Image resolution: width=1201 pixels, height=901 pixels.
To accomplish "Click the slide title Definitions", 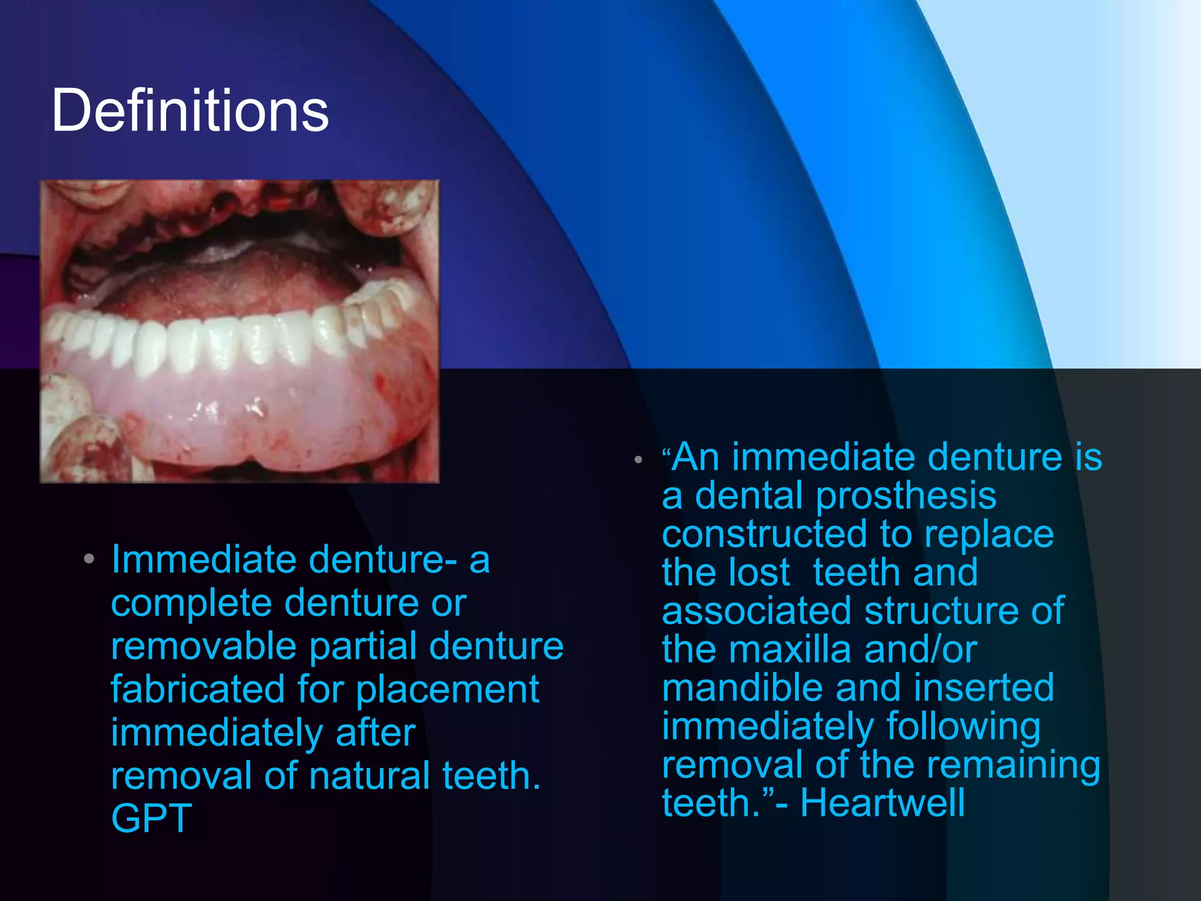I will (189, 110).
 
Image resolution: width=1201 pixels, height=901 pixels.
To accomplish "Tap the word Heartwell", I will (882, 803).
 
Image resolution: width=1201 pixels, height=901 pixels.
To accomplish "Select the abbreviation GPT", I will (151, 818).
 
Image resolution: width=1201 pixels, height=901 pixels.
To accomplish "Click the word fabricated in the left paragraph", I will (198, 689).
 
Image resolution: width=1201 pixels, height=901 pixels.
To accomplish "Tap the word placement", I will (447, 690).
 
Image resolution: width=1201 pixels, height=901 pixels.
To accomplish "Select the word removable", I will (203, 646).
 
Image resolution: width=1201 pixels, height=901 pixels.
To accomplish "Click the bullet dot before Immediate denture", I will (89, 559).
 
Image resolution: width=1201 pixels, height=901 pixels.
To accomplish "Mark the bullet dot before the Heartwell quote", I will (638, 460).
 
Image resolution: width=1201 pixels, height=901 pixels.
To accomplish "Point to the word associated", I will (756, 611).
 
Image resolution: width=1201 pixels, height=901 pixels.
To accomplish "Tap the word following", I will (963, 727).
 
